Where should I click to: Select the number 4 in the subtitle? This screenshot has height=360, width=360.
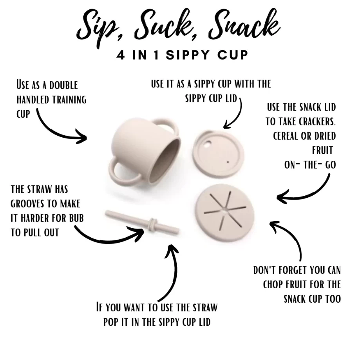click(121, 55)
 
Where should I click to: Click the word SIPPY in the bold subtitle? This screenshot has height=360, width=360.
click(188, 55)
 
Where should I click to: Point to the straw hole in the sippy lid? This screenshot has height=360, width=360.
click(208, 145)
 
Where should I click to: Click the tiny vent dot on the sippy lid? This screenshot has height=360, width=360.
click(228, 162)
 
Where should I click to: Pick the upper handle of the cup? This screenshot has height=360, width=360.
click(166, 125)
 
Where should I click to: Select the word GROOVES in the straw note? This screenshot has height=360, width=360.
click(27, 204)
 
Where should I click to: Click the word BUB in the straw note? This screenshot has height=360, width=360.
click(76, 218)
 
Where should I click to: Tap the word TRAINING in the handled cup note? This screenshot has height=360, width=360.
click(69, 100)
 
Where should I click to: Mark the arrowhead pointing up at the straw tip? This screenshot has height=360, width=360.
click(171, 250)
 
